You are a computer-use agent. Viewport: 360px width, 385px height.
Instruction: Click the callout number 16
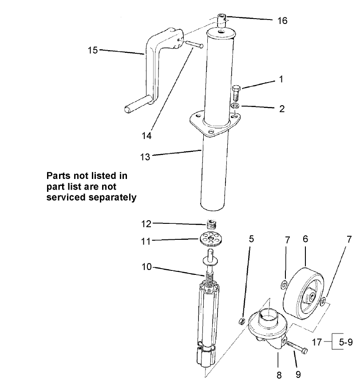pyautogui.click(x=282, y=20)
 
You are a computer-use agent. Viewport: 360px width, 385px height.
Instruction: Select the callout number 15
pyautogui.click(x=92, y=50)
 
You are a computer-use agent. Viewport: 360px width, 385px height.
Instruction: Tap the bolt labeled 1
pyautogui.click(x=236, y=94)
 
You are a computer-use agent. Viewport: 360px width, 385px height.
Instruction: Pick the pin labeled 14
pyautogui.click(x=195, y=44)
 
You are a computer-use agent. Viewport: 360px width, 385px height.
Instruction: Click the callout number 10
pyautogui.click(x=146, y=267)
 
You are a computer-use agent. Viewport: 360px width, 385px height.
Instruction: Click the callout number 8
pyautogui.click(x=279, y=376)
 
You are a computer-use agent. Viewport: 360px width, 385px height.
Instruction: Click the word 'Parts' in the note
pyautogui.click(x=59, y=176)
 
